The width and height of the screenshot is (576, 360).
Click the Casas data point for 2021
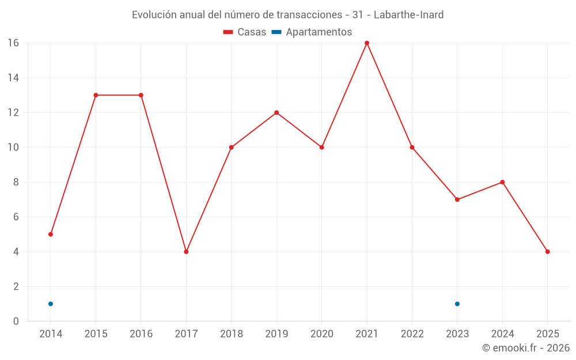367,43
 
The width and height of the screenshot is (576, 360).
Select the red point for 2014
51,234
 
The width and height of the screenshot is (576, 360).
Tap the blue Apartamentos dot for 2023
457,304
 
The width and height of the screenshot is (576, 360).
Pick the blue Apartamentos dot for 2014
51,304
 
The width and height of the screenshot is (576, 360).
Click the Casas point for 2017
186,252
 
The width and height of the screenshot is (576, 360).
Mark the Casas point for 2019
276,112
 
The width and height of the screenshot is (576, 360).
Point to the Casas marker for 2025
548,252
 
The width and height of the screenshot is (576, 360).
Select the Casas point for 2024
502,182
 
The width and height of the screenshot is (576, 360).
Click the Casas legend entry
245,32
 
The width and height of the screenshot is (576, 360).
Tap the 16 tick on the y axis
13,43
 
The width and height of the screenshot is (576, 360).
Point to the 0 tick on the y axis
16,321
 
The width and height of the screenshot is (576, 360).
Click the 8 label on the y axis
16,182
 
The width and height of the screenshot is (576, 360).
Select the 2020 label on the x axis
322,334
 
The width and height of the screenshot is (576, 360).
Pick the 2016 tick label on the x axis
141,334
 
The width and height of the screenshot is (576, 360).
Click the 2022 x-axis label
412,334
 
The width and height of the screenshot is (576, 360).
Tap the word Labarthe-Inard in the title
408,15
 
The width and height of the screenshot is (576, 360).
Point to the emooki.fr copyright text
526,348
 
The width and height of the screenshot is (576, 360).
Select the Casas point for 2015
96,95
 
